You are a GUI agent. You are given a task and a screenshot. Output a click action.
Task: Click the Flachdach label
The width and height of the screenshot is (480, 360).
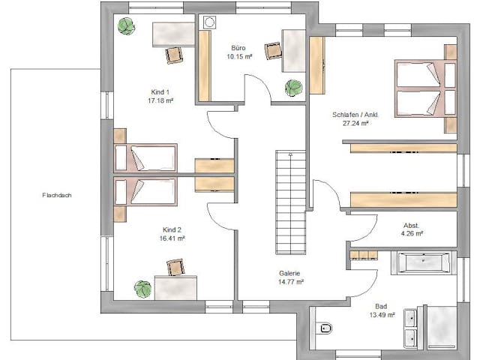coord(57,195)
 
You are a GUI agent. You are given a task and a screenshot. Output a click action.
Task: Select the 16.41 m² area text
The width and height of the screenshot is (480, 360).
coord(172,238)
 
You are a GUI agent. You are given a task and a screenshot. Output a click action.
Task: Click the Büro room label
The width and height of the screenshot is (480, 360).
coord(239,46)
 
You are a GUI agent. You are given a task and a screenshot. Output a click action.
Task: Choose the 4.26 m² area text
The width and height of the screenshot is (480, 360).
coord(412,233)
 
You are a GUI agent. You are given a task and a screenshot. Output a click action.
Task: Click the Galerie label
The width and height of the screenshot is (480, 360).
coord(289,273)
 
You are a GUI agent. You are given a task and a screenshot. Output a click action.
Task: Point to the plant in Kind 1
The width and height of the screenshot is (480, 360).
coord(127,26)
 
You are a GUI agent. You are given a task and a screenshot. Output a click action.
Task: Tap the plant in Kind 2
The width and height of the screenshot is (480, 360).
coord(142,288)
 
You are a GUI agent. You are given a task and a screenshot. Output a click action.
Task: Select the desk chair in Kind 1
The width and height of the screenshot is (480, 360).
coord(175,54)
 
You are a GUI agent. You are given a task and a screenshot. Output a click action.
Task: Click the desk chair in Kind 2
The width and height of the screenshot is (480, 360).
coord(175,266)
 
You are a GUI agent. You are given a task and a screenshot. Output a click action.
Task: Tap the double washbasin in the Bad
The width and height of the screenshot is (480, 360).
coord(411,328)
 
